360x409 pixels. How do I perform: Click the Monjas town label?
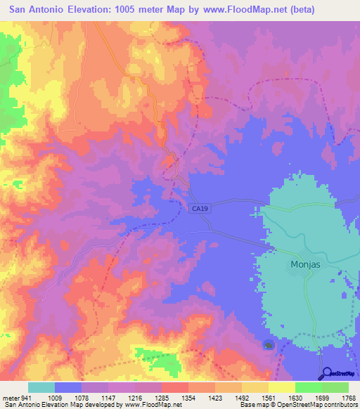point(306,265)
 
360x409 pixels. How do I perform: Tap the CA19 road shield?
point(199,208)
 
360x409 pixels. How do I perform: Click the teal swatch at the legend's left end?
point(41,387)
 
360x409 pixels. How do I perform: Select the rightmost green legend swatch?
point(335,387)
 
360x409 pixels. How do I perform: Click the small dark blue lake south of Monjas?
point(269,344)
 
